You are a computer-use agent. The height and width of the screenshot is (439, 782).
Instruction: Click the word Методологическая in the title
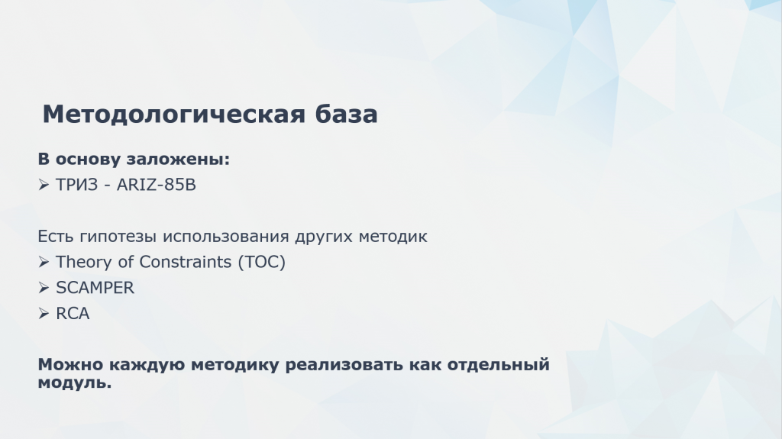(x=173, y=115)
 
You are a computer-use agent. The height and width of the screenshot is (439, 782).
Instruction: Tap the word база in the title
(x=346, y=115)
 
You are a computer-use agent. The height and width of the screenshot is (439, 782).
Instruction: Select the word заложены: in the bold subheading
(x=178, y=159)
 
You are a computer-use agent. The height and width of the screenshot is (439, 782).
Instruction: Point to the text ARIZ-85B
(x=156, y=185)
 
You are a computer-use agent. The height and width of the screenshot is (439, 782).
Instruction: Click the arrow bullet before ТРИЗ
(x=44, y=185)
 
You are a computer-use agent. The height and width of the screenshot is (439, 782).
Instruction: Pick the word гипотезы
(x=118, y=236)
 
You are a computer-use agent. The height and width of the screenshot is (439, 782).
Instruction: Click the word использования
(x=226, y=236)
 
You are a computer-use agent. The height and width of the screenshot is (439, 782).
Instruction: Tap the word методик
(x=393, y=236)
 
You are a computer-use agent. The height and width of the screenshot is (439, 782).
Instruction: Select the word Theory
(x=84, y=262)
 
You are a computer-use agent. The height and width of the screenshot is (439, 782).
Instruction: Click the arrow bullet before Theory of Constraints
(x=44, y=262)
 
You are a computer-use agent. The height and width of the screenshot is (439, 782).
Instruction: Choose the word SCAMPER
(x=95, y=288)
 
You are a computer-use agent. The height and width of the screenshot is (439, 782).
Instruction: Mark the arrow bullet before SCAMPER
(x=44, y=288)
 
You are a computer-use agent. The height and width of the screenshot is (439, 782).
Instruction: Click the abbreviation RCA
(x=73, y=313)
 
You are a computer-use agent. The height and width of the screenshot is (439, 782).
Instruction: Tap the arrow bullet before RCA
(x=44, y=313)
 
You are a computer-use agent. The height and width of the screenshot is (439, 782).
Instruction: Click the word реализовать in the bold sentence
(x=344, y=365)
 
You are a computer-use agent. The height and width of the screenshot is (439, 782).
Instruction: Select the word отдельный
(x=498, y=365)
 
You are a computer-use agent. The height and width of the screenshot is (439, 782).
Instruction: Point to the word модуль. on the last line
(x=75, y=383)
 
